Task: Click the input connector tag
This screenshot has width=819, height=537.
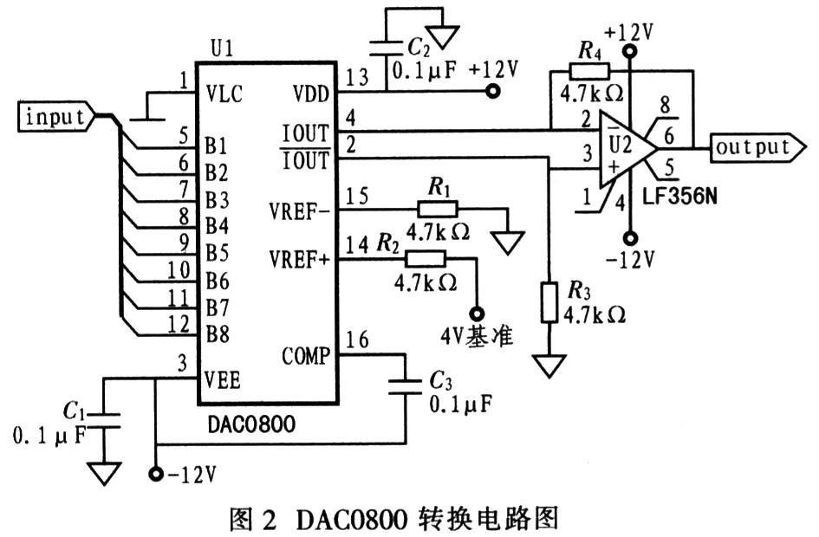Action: coord(57,115)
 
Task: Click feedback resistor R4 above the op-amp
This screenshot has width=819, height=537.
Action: coord(589,71)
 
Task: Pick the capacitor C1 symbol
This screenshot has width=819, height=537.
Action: coord(104,415)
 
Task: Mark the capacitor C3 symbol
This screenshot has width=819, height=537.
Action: coord(406,387)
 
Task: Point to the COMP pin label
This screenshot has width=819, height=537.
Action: coord(306,354)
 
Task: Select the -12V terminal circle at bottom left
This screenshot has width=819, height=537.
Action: coord(156,473)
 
